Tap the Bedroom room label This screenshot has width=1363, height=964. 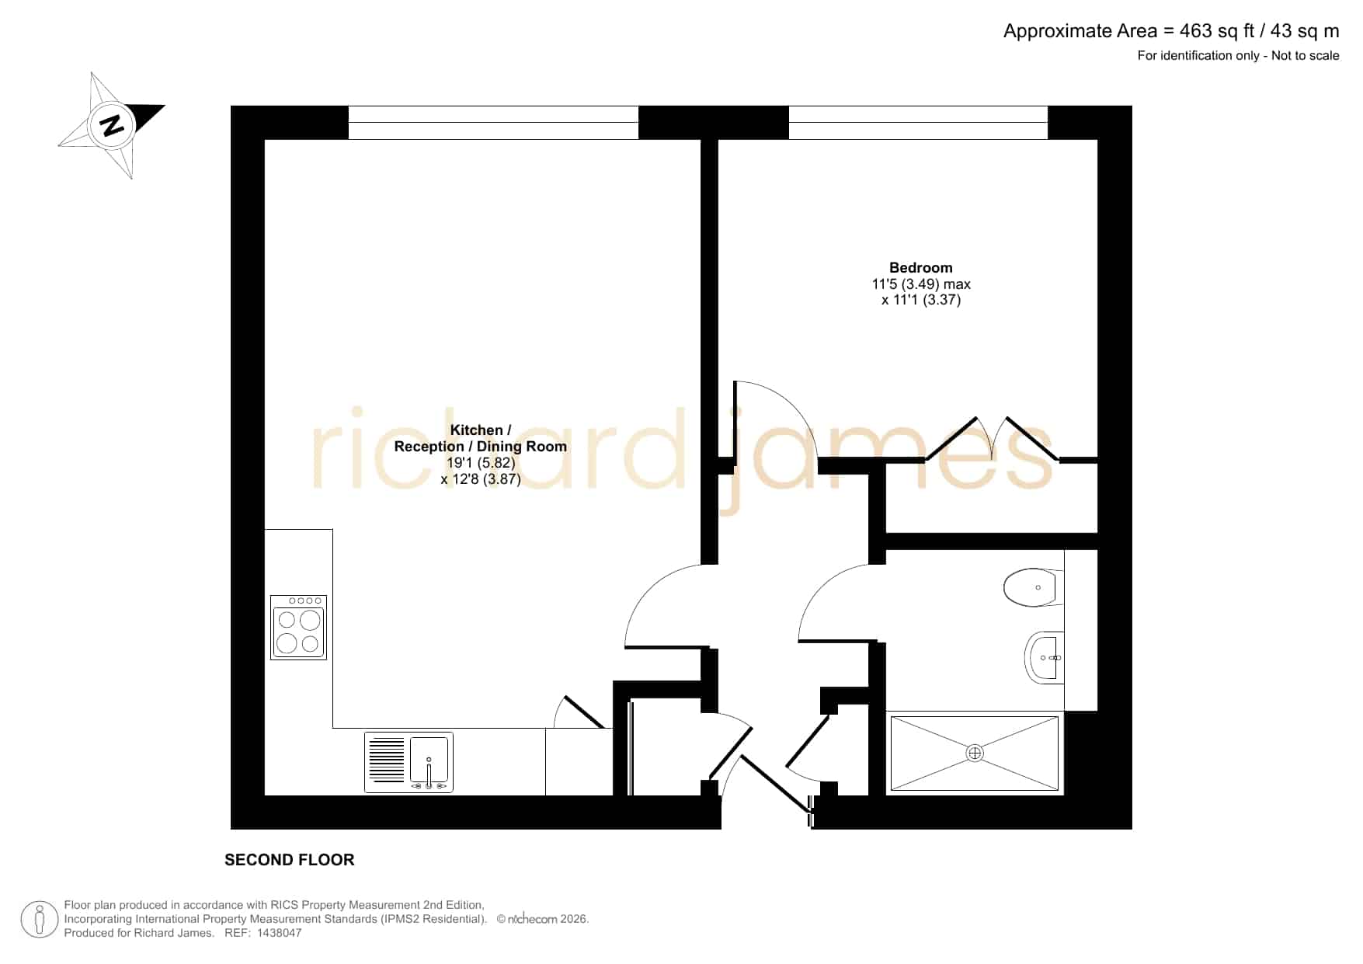(x=921, y=268)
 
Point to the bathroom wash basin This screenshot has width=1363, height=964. (x=1045, y=657)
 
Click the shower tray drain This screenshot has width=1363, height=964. (x=975, y=753)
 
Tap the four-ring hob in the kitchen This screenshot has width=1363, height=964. (x=298, y=628)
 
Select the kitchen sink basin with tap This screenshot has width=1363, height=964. (x=430, y=762)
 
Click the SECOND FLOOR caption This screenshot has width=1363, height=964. (x=290, y=860)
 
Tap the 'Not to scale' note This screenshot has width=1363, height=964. (x=1306, y=55)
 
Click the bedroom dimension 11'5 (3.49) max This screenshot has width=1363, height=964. (x=921, y=284)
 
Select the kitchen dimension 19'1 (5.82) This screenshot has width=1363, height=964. (x=481, y=463)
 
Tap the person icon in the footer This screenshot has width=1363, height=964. (x=40, y=920)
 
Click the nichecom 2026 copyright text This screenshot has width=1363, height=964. (x=543, y=919)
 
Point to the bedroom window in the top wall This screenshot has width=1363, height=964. (x=918, y=123)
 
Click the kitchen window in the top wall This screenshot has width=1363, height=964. (x=493, y=123)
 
